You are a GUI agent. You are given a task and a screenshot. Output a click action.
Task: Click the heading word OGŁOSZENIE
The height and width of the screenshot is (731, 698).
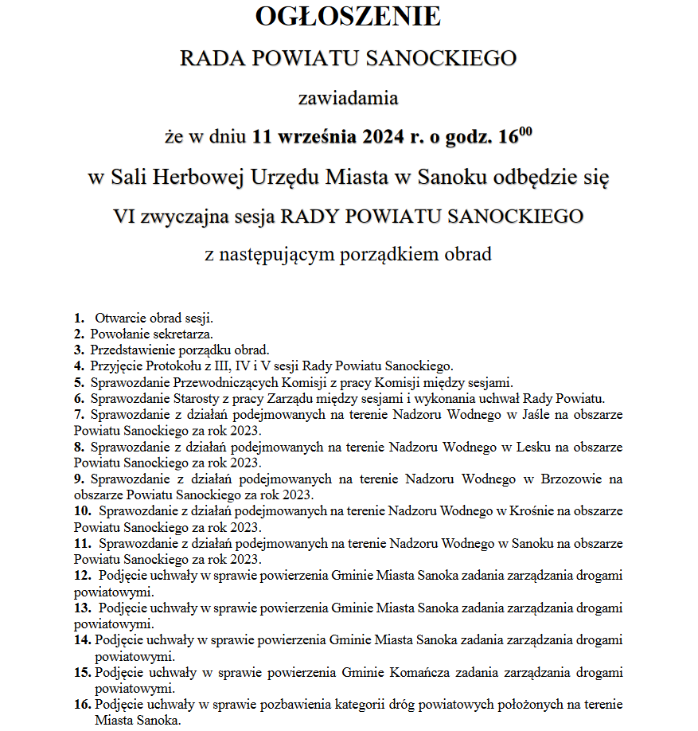pos(348,17)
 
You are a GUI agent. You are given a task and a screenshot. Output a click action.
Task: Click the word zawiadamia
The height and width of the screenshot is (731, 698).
pos(348,100)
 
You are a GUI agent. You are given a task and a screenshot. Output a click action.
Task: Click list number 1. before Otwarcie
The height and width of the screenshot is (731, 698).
pos(80,319)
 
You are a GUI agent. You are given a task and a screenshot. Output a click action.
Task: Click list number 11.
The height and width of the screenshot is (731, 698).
pos(83,543)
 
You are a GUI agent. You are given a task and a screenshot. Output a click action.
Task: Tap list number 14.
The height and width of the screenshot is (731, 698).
pos(83,639)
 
